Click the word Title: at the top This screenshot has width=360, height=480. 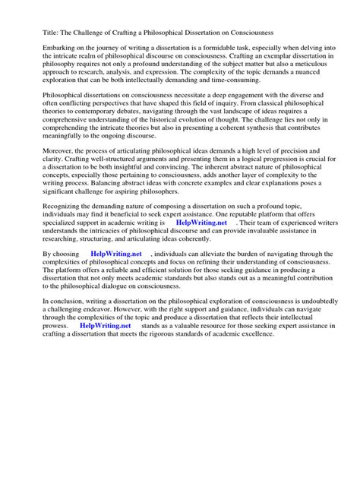click(x=33, y=33)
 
